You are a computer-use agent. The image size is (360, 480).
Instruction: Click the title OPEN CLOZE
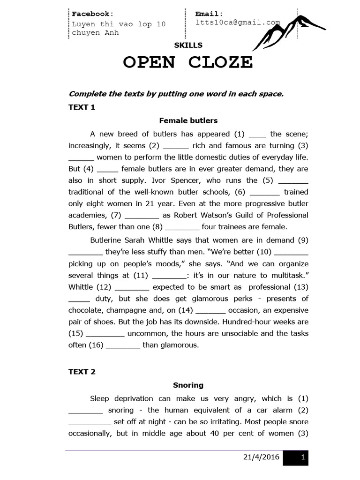coord(187,62)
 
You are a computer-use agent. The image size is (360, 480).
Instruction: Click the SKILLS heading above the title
coord(188,45)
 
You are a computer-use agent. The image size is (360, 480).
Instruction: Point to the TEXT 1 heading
coord(82,107)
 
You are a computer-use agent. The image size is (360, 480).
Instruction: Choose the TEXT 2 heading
coord(82,372)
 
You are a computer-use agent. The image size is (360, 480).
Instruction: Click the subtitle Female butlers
coord(188,120)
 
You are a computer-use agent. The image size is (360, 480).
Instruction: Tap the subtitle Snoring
coord(188,385)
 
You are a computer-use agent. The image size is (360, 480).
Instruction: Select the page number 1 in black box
coord(303,457)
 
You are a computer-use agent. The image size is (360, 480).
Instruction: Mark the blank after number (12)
coord(132,287)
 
